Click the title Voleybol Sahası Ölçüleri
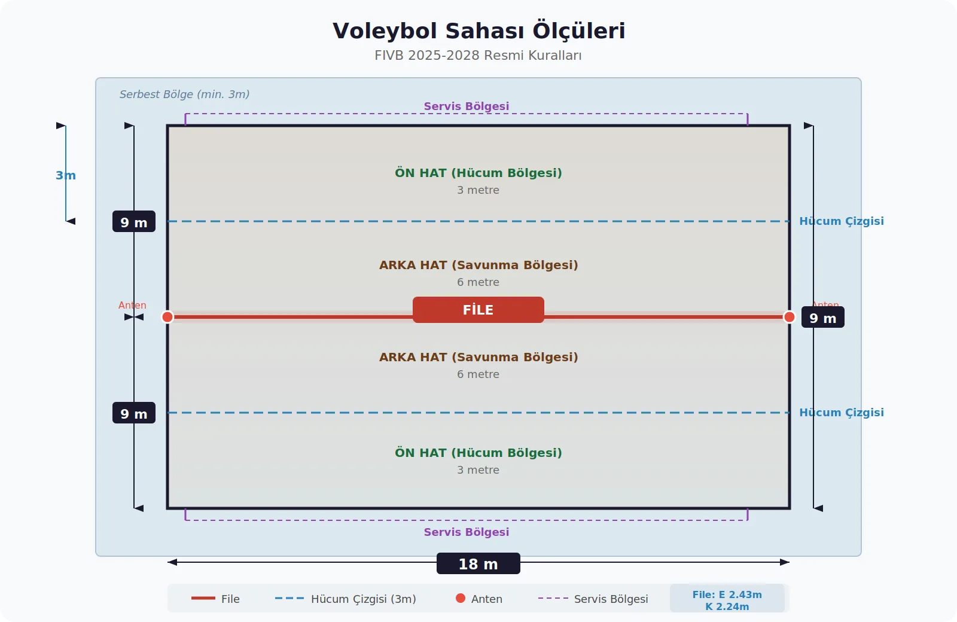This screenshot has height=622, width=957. (x=478, y=31)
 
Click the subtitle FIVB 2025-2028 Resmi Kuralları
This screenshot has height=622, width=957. (x=478, y=56)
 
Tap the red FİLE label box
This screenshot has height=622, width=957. (x=478, y=310)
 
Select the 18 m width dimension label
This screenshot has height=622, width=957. (x=478, y=564)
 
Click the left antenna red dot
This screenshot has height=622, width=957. (x=167, y=317)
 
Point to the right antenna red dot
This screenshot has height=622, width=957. (x=789, y=317)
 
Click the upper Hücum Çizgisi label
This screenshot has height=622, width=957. (x=841, y=221)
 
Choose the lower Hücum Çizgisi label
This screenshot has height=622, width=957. (x=841, y=413)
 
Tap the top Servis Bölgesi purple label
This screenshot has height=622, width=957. (x=467, y=106)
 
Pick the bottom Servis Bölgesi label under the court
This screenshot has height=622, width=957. (x=467, y=532)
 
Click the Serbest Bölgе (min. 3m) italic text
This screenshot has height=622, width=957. (x=184, y=94)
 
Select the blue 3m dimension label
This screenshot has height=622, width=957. (x=66, y=176)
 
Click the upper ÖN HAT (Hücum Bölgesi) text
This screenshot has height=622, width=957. (x=478, y=173)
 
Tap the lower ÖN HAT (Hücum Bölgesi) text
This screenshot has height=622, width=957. (x=478, y=453)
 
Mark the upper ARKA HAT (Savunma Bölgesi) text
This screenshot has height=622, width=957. (x=478, y=265)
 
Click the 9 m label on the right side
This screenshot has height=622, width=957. (x=822, y=318)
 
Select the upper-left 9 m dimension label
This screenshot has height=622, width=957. (x=134, y=222)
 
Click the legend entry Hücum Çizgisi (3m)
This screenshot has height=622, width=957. (x=363, y=599)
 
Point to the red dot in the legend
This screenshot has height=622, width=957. (x=461, y=598)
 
